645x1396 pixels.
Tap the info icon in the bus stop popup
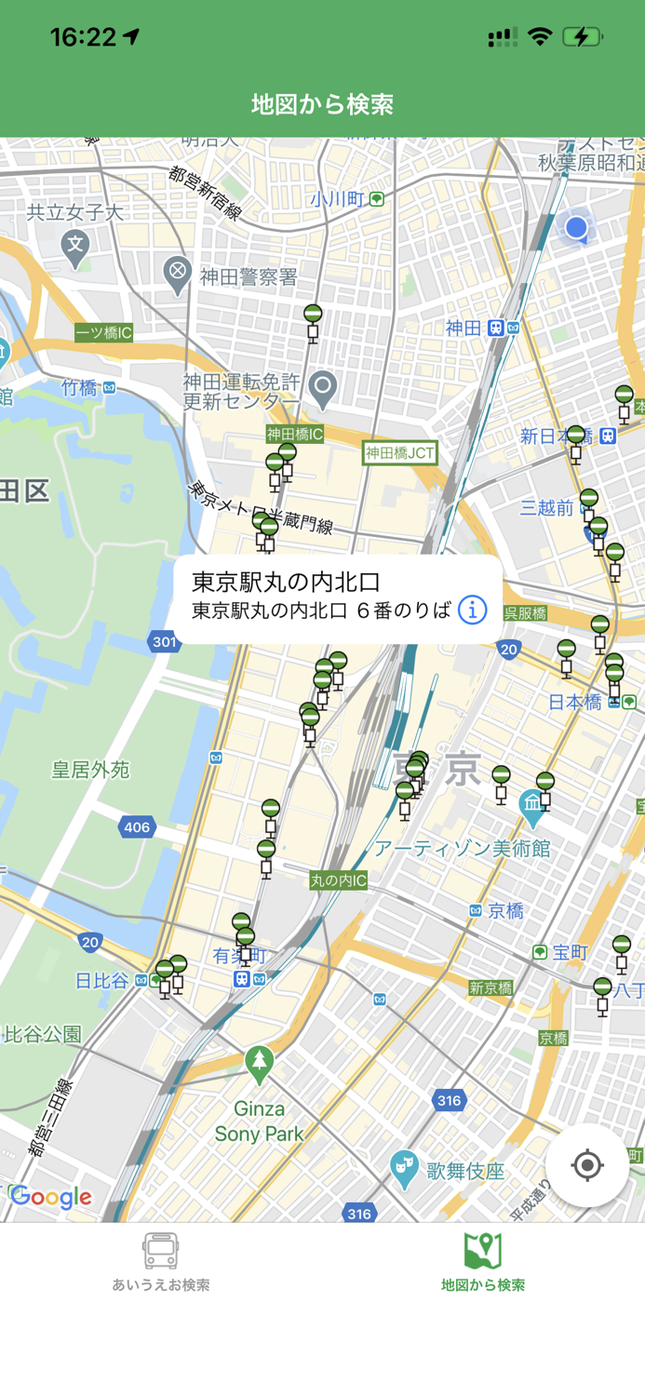pyautogui.click(x=473, y=611)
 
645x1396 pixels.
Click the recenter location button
pyautogui.click(x=587, y=1165)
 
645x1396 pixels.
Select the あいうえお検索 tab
pyautogui.click(x=161, y=1262)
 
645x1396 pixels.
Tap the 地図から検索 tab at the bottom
pyautogui.click(x=483, y=1262)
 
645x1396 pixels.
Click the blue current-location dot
pyautogui.click(x=576, y=226)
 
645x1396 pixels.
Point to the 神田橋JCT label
pyautogui.click(x=400, y=453)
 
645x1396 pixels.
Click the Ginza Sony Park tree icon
pyautogui.click(x=259, y=1060)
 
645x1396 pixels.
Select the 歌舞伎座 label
pyautogui.click(x=465, y=1171)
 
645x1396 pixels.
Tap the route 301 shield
pyautogui.click(x=164, y=641)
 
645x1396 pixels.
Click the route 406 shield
pyautogui.click(x=137, y=826)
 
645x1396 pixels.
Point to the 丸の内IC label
pyautogui.click(x=339, y=880)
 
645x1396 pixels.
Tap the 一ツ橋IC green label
pyautogui.click(x=104, y=332)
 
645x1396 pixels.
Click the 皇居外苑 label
pyautogui.click(x=90, y=770)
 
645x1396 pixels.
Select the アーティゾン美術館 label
pyautogui.click(x=462, y=848)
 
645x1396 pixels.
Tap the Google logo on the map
pyautogui.click(x=51, y=1197)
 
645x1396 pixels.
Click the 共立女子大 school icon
pyautogui.click(x=75, y=246)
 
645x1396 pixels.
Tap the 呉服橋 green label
pyautogui.click(x=525, y=613)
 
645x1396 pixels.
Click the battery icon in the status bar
pyautogui.click(x=582, y=37)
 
